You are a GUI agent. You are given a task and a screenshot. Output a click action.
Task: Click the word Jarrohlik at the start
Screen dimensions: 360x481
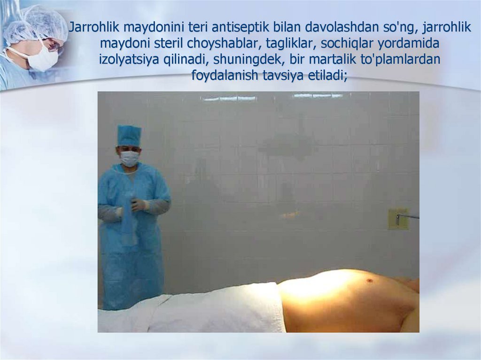pyautogui.click(x=93, y=28)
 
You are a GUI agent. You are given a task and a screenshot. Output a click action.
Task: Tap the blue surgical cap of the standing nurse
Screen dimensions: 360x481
pyautogui.click(x=129, y=135)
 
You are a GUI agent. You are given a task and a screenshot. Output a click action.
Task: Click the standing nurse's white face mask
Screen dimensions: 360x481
pyautogui.click(x=129, y=158)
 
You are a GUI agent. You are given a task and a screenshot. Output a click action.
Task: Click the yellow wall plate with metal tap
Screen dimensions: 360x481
pyautogui.click(x=397, y=219)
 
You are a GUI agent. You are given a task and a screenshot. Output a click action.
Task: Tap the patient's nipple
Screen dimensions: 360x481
pyautogui.click(x=369, y=281)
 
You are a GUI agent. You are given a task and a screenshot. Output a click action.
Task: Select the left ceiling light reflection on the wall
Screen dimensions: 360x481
pyautogui.click(x=230, y=98)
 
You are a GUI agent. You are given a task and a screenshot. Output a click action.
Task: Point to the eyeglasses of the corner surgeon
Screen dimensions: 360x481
pyautogui.click(x=54, y=45)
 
